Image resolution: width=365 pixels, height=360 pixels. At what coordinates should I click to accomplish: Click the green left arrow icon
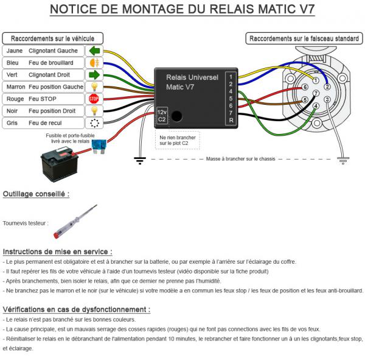[94, 51]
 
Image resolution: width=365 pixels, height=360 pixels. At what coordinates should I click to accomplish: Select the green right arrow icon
[94, 75]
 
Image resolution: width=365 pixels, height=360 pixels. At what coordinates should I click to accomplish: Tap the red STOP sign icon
[94, 99]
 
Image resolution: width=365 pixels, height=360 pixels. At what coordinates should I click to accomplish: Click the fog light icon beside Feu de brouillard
[94, 63]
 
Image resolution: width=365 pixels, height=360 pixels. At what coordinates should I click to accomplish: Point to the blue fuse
[99, 146]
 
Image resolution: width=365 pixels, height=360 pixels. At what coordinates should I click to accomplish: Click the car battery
[60, 164]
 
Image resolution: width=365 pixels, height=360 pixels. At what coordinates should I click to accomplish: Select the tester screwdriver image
[75, 222]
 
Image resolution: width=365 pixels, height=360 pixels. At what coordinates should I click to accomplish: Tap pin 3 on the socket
[327, 99]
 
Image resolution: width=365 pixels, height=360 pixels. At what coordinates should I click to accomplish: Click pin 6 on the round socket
[305, 87]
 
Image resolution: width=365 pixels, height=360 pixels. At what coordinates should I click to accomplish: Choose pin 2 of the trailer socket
[327, 86]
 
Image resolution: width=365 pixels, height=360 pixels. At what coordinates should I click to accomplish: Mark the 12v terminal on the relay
[162, 112]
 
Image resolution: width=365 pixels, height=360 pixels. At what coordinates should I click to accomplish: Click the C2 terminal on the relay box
[162, 119]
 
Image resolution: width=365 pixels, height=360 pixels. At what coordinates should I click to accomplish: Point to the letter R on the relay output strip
[231, 121]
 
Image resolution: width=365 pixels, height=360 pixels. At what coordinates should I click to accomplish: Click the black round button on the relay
[176, 116]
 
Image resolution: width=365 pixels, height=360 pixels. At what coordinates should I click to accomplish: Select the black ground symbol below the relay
[140, 161]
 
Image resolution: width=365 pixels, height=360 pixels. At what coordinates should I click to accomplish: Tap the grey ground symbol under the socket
[343, 161]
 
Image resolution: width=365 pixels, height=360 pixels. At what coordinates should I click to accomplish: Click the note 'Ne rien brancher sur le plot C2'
[178, 140]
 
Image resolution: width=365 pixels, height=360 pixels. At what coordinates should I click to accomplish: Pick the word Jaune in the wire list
[15, 51]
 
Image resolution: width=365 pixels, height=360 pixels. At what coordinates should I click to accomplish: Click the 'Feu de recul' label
[45, 123]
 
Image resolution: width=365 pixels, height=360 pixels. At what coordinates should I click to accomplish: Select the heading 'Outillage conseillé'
[36, 194]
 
